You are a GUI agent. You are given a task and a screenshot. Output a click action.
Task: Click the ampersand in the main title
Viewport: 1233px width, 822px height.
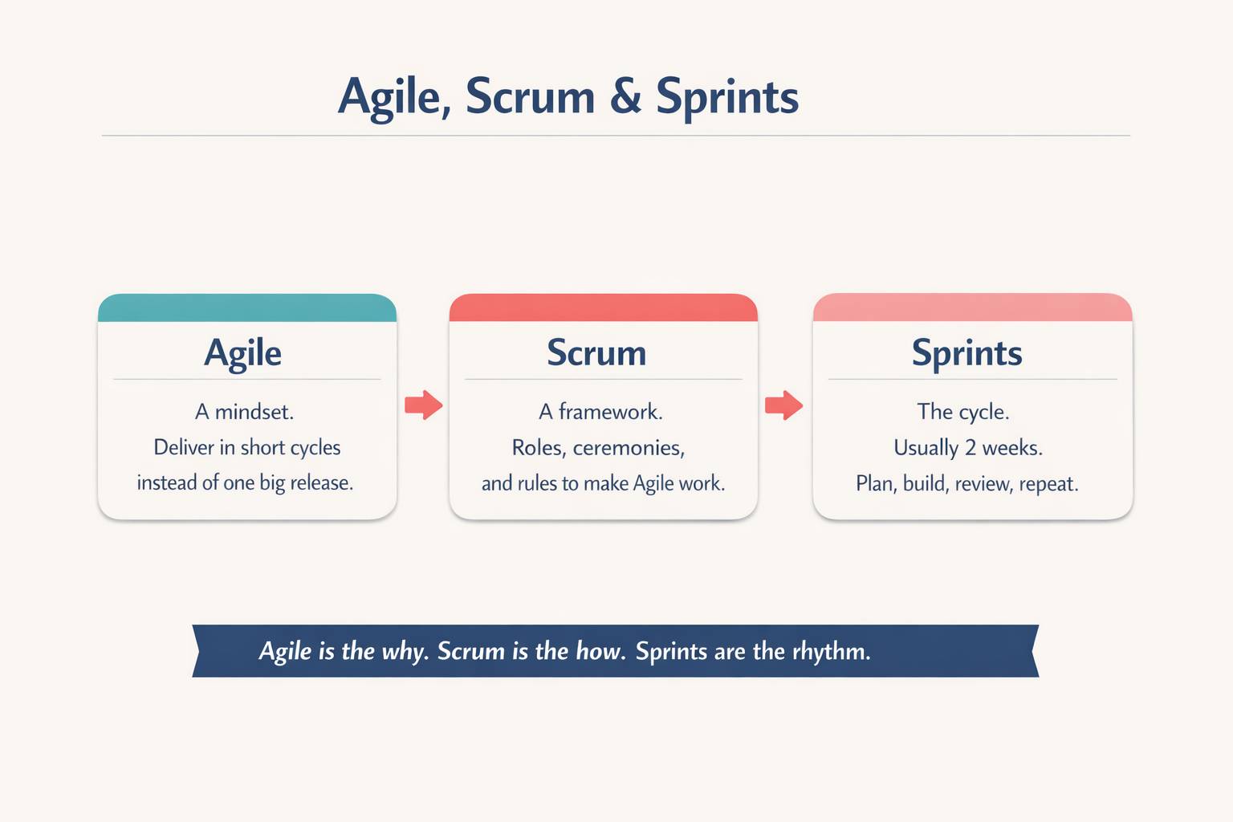pyautogui.click(x=625, y=97)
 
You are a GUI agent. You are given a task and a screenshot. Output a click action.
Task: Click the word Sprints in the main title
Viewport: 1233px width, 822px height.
pyautogui.click(x=727, y=98)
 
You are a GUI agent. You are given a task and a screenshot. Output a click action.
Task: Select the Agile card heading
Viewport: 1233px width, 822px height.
pyautogui.click(x=242, y=352)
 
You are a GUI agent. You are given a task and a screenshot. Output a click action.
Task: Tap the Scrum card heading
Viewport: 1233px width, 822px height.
pyautogui.click(x=596, y=352)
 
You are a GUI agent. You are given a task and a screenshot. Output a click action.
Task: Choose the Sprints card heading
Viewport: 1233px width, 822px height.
pyautogui.click(x=966, y=352)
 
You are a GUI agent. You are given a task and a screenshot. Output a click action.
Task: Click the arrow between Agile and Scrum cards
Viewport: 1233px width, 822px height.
pyautogui.click(x=423, y=405)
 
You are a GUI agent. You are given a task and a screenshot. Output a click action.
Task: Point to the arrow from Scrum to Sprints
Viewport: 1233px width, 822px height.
pyautogui.click(x=783, y=405)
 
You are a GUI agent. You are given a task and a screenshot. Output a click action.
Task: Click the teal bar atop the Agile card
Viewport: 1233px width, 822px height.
pyautogui.click(x=247, y=308)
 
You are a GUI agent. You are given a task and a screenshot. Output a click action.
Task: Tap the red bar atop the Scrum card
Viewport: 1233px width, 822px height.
pyautogui.click(x=603, y=308)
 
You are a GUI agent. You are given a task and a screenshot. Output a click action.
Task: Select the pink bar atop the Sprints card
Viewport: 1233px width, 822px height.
pyautogui.click(x=972, y=308)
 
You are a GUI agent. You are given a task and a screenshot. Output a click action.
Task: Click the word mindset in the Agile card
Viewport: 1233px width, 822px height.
pyautogui.click(x=254, y=412)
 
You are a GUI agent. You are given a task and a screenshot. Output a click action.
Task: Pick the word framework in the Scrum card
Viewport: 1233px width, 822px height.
pyautogui.click(x=610, y=412)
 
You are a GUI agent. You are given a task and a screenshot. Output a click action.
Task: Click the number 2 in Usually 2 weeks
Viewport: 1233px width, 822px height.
pyautogui.click(x=970, y=448)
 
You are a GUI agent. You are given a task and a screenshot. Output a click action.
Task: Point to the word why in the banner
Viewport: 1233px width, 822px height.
pyautogui.click(x=404, y=651)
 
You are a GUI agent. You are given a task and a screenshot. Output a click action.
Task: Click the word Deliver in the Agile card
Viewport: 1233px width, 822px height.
pyautogui.click(x=184, y=447)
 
